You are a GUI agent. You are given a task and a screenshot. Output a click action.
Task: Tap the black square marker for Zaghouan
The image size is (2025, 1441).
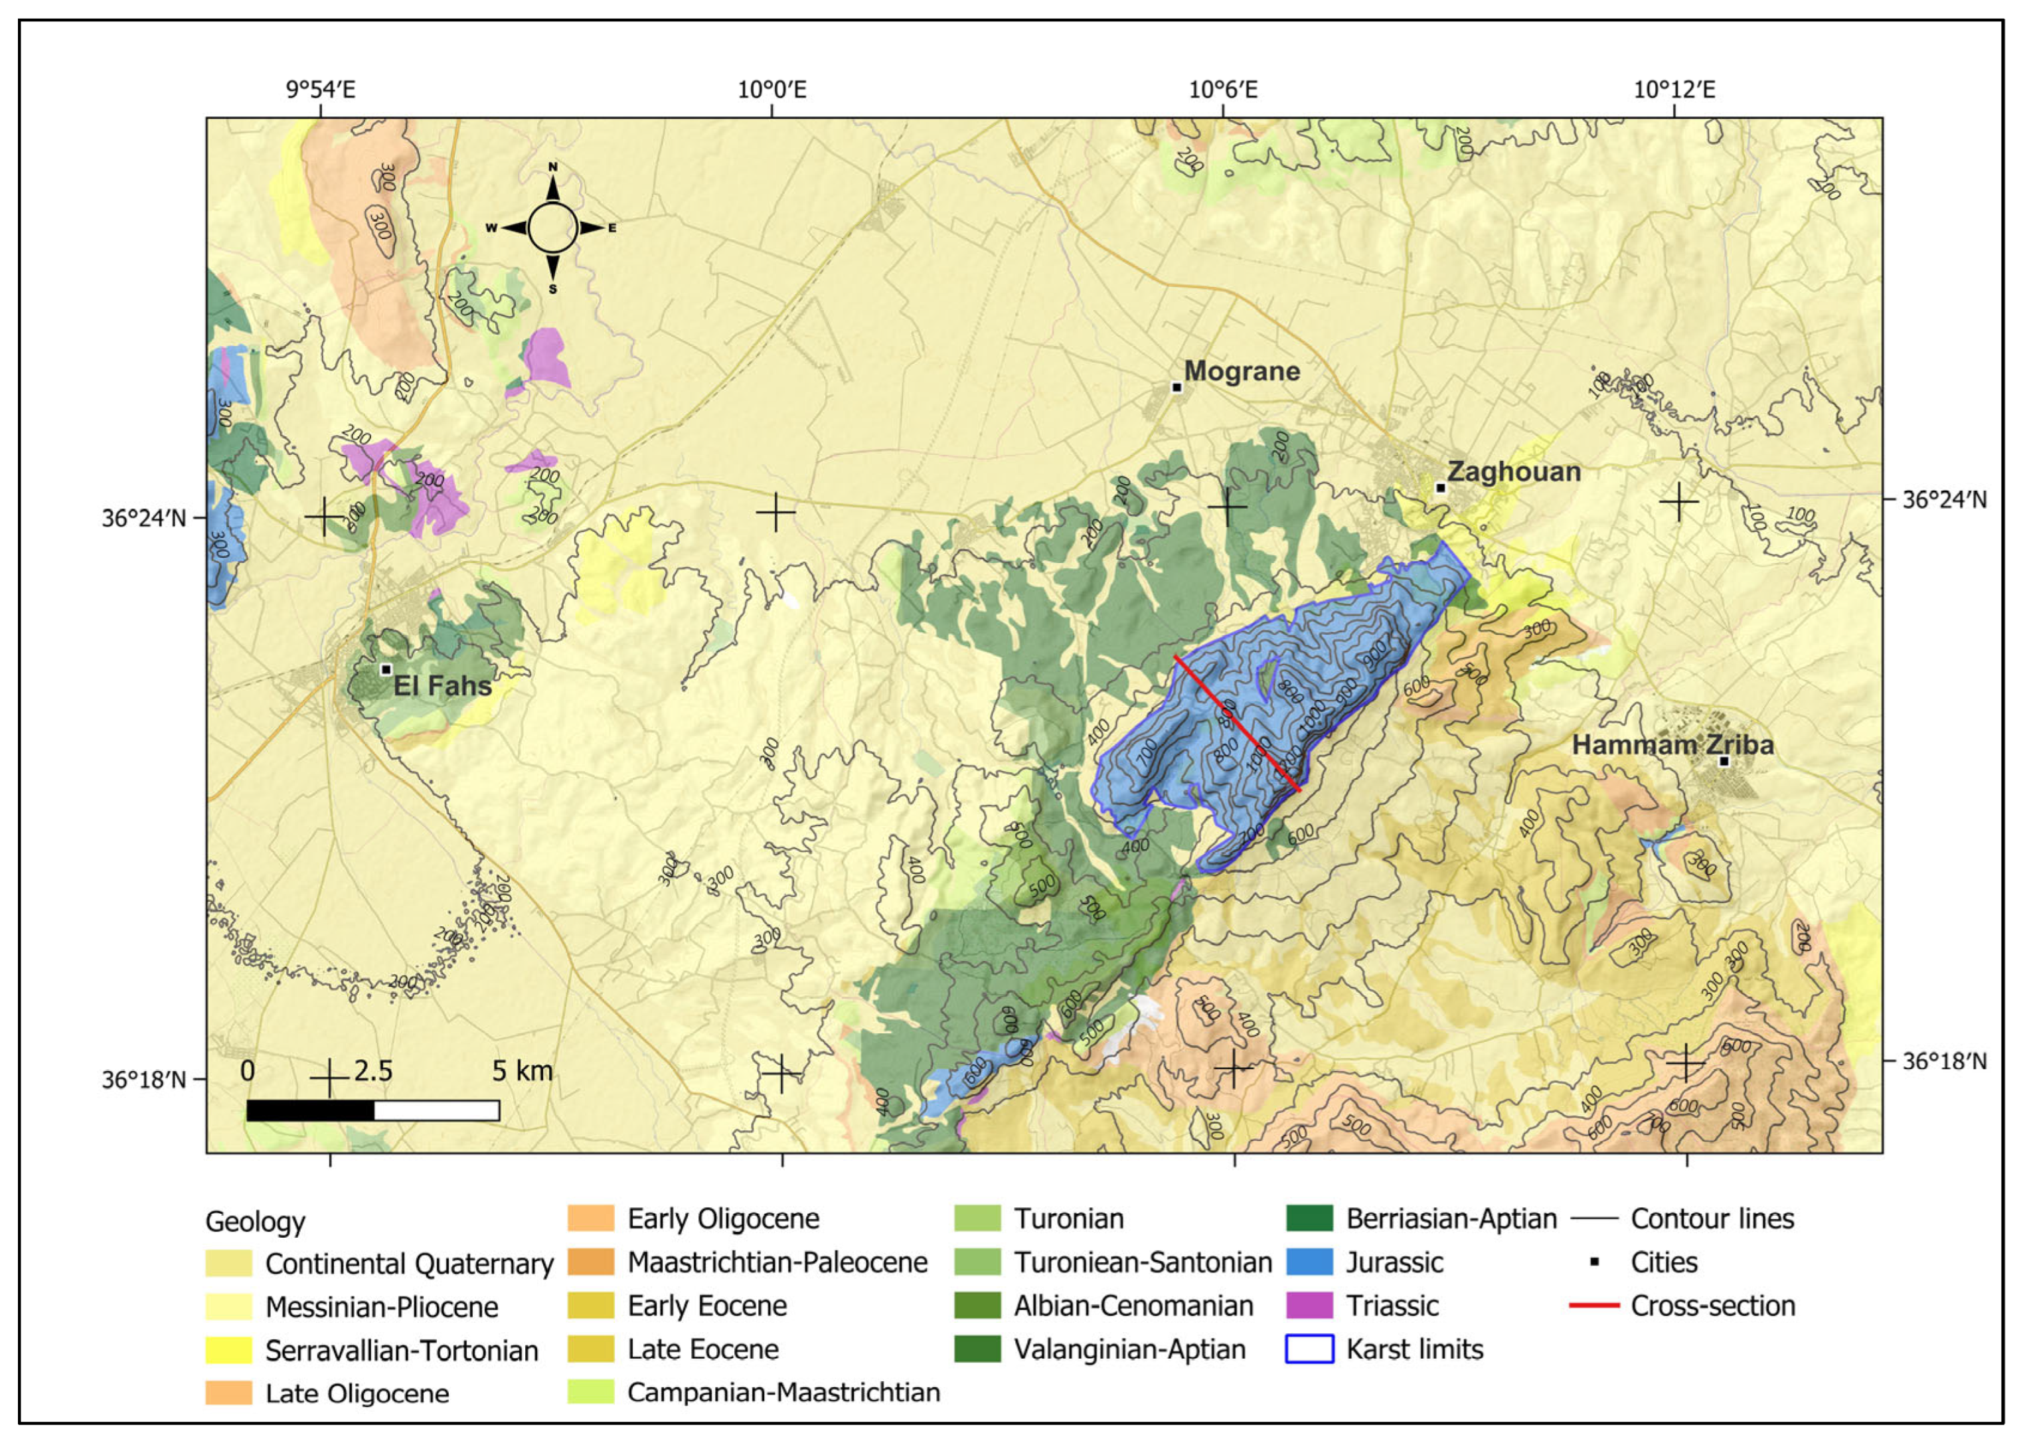pyautogui.click(x=1441, y=488)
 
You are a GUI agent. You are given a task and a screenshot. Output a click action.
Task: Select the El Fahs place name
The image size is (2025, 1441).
pyautogui.click(x=442, y=685)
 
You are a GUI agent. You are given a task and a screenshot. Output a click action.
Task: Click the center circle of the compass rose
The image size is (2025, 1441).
pyautogui.click(x=552, y=228)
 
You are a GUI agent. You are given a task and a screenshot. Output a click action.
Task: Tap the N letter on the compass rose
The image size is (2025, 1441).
pyautogui.click(x=552, y=167)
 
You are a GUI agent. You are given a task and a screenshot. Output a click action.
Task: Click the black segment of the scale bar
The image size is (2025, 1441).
pyautogui.click(x=311, y=1110)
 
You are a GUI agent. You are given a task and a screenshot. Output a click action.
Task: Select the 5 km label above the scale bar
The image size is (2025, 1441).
pyautogui.click(x=522, y=1071)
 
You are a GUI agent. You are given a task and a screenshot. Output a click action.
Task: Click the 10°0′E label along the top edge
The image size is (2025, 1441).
pyautogui.click(x=771, y=90)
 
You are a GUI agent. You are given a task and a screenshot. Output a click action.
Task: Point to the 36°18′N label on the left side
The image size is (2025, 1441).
pyautogui.click(x=143, y=1080)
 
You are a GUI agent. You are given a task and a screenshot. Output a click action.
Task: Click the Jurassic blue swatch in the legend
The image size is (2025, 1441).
pyautogui.click(x=1309, y=1262)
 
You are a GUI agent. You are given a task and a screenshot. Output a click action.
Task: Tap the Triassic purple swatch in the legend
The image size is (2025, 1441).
pyautogui.click(x=1309, y=1306)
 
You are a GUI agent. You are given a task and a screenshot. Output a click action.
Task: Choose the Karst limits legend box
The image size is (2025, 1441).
pyautogui.click(x=1309, y=1349)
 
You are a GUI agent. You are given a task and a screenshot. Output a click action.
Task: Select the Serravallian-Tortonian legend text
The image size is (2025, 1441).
pyautogui.click(x=401, y=1351)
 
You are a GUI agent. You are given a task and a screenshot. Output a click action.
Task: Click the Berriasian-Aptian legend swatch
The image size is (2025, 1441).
pyautogui.click(x=1309, y=1219)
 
